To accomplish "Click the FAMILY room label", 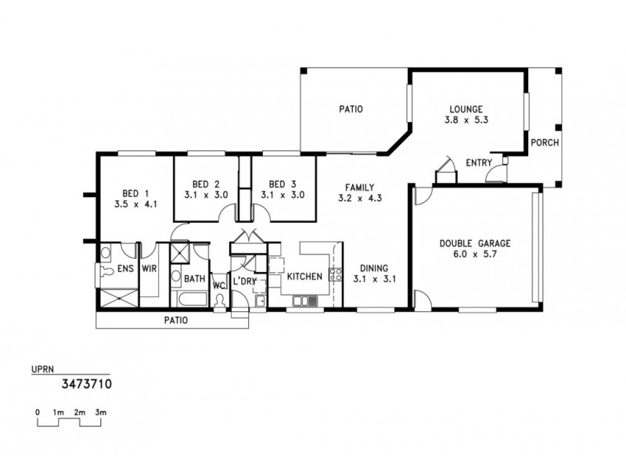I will point(358,187).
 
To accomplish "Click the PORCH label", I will point(543,143).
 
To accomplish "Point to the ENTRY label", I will point(477,163).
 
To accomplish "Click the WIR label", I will point(150,269).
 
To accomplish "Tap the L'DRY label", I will point(243,281).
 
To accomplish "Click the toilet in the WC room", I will point(220,300).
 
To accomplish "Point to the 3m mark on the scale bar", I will point(101,411).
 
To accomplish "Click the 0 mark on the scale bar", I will point(38,411).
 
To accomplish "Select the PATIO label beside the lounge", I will point(350,109).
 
